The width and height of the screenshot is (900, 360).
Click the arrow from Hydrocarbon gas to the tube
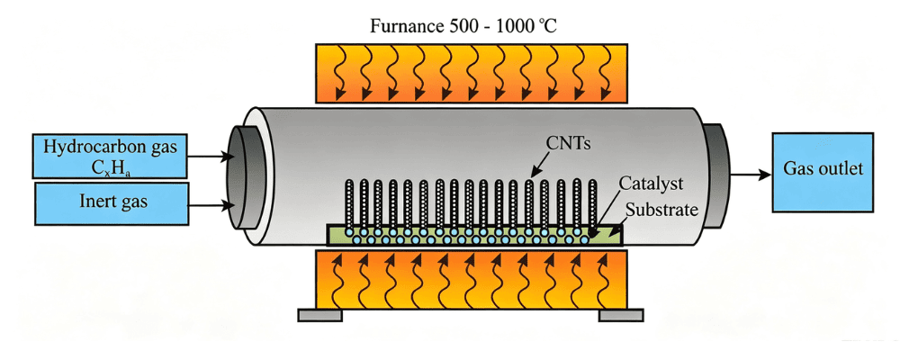[x=210, y=156]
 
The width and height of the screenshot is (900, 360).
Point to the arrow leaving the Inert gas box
[x=211, y=203]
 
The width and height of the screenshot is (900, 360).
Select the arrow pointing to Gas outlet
[x=751, y=175]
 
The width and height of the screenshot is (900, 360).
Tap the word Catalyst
[x=652, y=184]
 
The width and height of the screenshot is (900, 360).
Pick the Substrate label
[x=661, y=209]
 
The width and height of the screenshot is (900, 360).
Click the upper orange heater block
[x=472, y=73]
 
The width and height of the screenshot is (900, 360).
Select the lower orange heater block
[x=472, y=279]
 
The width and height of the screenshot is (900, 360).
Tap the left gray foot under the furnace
[x=320, y=315]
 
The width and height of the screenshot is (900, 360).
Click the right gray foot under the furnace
[x=621, y=315]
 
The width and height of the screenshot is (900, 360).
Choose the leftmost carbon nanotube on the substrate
[x=348, y=203]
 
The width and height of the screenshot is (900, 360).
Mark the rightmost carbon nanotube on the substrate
[x=593, y=203]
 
